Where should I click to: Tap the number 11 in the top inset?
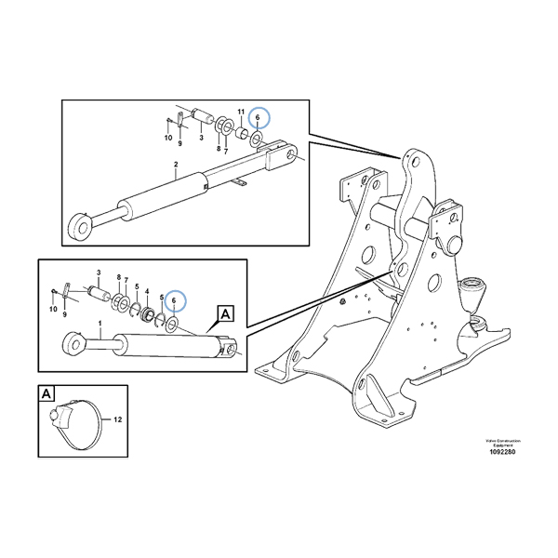click(x=240, y=113)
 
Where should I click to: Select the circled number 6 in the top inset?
click(x=258, y=118)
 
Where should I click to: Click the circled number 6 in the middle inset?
click(x=173, y=299)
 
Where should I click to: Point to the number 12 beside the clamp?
click(x=117, y=419)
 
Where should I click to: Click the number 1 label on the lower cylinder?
click(x=100, y=325)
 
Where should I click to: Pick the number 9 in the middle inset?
click(x=64, y=315)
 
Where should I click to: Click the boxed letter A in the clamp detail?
click(x=46, y=393)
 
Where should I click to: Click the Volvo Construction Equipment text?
click(x=500, y=441)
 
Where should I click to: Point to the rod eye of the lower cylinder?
click(x=72, y=345)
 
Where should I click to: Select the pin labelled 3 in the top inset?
click(x=203, y=115)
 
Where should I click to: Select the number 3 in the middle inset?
click(x=99, y=273)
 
